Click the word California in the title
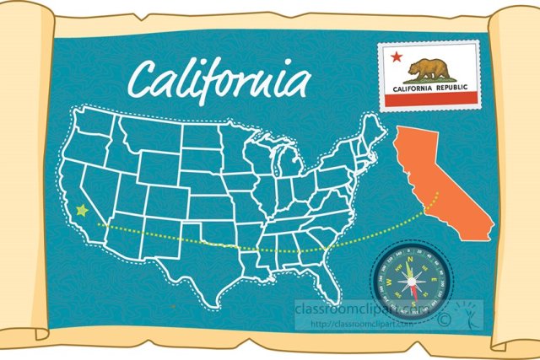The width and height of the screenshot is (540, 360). click(218, 81)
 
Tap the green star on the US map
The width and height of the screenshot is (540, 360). click(81, 211)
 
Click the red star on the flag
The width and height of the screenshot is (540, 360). click(395, 57)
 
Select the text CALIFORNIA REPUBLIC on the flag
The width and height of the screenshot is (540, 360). click(429, 87)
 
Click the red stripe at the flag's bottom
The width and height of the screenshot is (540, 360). click(429, 100)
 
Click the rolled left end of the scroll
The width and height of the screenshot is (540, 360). click(21, 177)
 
